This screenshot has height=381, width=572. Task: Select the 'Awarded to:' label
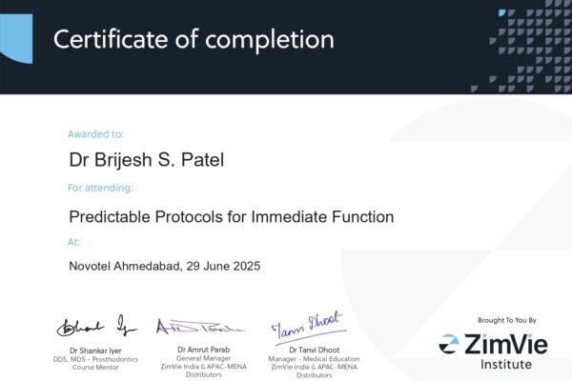point(95,134)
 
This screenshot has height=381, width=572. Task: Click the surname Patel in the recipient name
point(197,160)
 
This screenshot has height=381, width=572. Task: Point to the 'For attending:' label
point(100,188)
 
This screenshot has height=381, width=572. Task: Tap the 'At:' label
point(75,242)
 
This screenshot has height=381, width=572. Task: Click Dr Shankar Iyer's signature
point(96,327)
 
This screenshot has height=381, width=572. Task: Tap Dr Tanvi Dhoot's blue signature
point(307,330)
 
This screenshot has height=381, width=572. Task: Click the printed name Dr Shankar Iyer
point(95,351)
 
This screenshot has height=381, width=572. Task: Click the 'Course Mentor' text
point(95,366)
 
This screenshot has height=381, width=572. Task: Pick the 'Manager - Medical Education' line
point(307,358)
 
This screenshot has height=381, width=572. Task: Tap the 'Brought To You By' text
point(506,320)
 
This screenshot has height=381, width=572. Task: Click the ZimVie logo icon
point(449,342)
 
